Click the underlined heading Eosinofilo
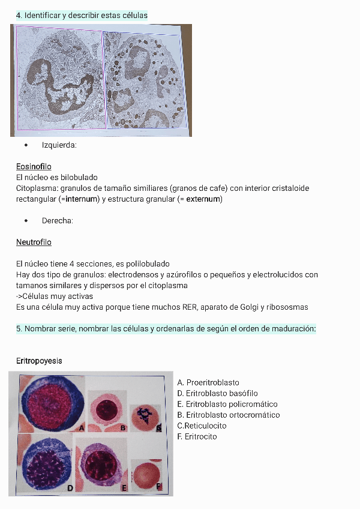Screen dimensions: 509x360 pos(34,166)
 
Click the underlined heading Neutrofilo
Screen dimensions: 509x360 pos(34,242)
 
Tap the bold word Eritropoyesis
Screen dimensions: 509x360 pos(39,361)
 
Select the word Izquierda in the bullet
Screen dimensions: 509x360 pos(59,145)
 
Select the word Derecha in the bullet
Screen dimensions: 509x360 pos(57,220)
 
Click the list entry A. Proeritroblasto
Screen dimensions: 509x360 pos(208,382)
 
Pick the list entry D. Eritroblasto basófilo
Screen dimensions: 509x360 pos(217,393)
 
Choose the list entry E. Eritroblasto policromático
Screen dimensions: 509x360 pos(227,404)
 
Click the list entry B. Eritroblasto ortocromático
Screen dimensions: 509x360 pos(229,415)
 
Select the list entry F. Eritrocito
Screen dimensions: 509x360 pos(197,436)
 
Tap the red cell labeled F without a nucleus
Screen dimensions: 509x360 pos(146,475)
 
